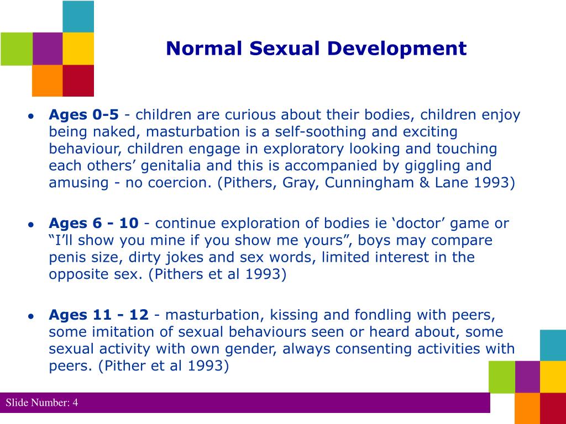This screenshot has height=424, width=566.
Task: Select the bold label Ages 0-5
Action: (x=83, y=115)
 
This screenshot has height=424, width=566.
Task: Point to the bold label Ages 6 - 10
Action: (x=93, y=223)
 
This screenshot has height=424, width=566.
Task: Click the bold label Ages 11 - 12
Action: (x=98, y=315)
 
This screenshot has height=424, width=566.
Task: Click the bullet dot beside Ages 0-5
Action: (x=32, y=116)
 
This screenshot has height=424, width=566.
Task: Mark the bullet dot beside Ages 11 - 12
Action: (x=32, y=316)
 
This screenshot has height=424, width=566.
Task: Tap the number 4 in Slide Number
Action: (x=75, y=403)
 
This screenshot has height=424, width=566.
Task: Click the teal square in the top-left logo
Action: (x=78, y=17)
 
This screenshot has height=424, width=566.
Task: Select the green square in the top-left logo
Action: (x=16, y=49)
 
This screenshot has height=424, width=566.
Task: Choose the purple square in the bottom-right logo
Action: (x=527, y=377)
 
